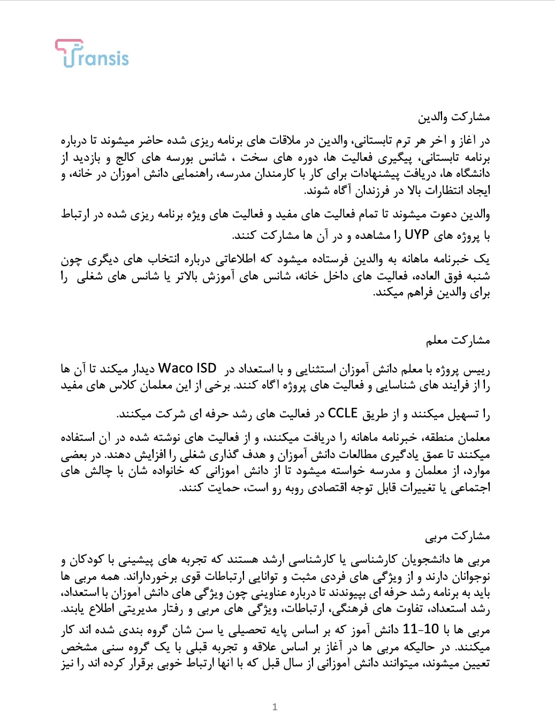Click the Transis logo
pos(92,54)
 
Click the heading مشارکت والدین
pos(454,117)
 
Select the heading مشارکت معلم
pos(458,340)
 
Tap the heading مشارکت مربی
pos(458,536)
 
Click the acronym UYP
pos(416,235)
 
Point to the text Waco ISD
pos(187,369)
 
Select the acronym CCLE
pos(343,414)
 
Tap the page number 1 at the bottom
pos(275,707)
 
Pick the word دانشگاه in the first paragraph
pos(470,174)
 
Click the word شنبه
pos(477,276)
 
